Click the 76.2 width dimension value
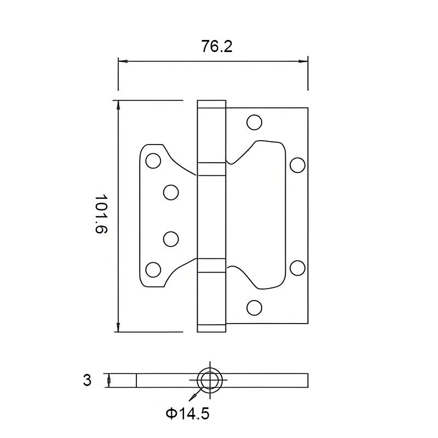[217, 47]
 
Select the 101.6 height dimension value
[101, 214]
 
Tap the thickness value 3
[87, 380]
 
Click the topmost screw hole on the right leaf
[254, 122]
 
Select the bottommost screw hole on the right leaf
[254, 308]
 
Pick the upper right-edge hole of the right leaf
[297, 164]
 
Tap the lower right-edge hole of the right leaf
[297, 267]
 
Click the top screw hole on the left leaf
[153, 160]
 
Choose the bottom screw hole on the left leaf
[153, 269]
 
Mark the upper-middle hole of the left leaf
[171, 192]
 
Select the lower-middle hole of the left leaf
[171, 239]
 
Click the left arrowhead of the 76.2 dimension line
[123, 61]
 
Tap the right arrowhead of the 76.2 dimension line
[303, 61]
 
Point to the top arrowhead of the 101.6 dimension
[118, 105]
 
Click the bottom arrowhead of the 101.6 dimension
[118, 327]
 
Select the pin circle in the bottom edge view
[210, 379]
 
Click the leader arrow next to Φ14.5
[193, 396]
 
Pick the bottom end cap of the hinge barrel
[211, 328]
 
